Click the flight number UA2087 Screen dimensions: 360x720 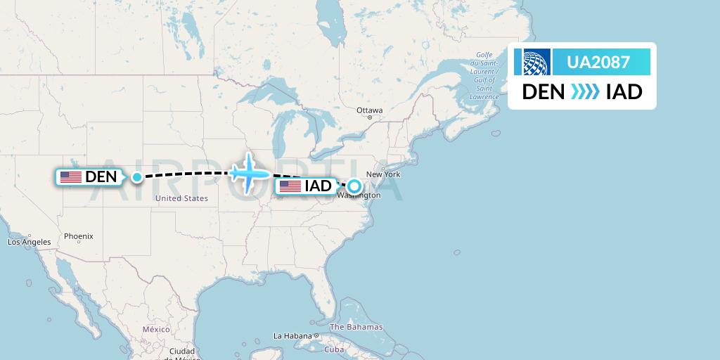pos(598,62)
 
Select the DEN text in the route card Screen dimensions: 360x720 pos(543,92)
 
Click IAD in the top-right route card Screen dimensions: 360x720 pos(624,92)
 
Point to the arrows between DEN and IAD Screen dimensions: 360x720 pos(584,92)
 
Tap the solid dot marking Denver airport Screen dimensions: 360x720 pos(137,177)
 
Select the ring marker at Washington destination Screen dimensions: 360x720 pos(354,187)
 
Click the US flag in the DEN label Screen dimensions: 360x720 pos(70,177)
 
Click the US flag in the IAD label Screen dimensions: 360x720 pos(290,186)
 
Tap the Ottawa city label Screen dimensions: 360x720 pos(369,110)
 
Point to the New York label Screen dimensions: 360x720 pos(382,174)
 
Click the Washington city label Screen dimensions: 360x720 pos(359,195)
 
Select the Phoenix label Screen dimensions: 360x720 pos(78,236)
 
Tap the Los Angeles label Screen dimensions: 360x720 pos(29,242)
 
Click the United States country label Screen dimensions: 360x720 pos(181,198)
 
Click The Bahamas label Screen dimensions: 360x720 pos(356,327)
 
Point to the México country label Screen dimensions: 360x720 pos(156,329)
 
